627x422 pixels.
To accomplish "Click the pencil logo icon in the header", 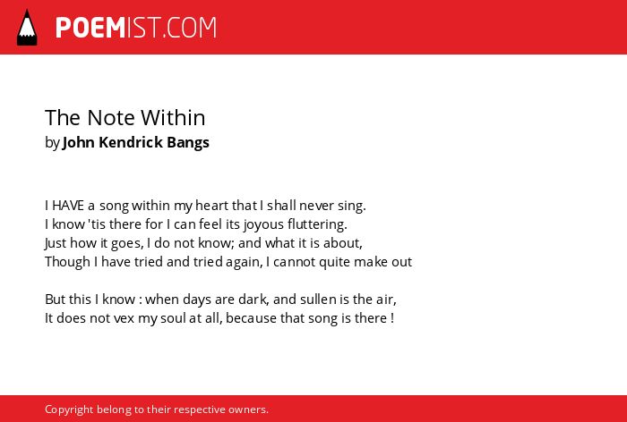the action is click(27, 28).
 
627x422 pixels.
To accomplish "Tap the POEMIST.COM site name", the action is click(136, 28).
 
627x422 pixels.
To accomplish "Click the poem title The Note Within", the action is click(125, 118).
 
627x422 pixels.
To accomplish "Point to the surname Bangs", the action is click(188, 143).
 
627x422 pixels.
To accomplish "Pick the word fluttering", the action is click(317, 224).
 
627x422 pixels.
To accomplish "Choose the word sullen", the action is click(318, 299).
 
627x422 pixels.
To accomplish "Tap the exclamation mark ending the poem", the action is click(392, 318).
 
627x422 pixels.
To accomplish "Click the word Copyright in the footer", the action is click(69, 409).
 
